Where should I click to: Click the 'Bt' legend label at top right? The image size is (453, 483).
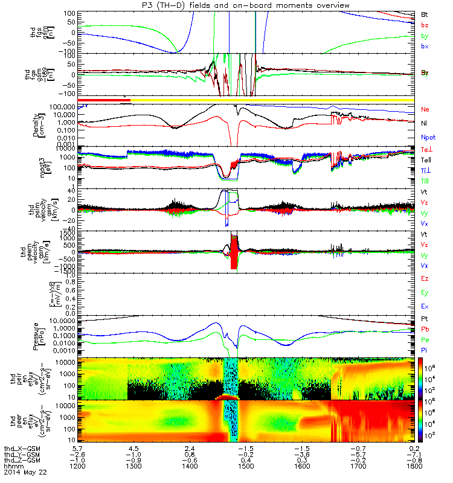[424, 13]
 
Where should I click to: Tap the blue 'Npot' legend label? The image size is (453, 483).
[428, 137]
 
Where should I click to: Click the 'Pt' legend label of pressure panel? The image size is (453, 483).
[424, 318]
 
